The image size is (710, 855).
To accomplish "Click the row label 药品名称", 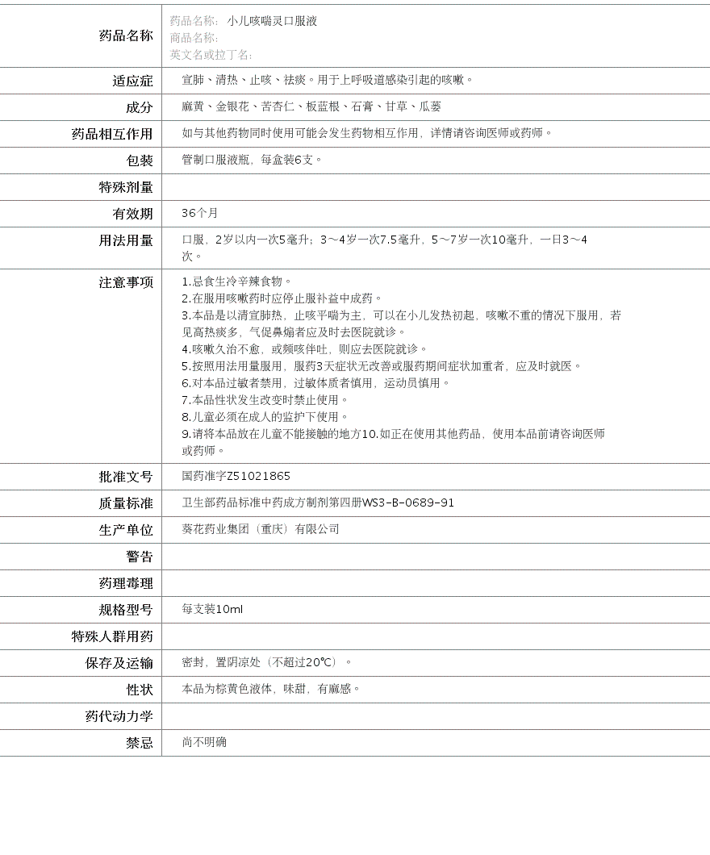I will click(125, 35).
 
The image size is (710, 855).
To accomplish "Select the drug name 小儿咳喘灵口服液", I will click(272, 21).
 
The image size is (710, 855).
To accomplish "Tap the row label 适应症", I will click(132, 81).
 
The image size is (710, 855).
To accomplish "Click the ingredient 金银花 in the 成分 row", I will click(232, 106).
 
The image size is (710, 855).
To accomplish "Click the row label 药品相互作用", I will click(111, 134).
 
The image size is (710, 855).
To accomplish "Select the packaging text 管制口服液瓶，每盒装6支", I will click(252, 160).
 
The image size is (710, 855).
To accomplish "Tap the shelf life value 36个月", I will click(200, 213).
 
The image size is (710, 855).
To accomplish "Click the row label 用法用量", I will click(125, 240).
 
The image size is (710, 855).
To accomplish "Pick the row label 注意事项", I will click(125, 282).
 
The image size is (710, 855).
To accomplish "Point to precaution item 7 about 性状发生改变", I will click(265, 400).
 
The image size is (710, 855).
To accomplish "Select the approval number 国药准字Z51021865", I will click(236, 477).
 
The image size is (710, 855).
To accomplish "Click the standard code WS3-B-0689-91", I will click(408, 503).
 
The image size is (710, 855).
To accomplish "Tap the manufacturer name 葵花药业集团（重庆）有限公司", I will click(261, 529).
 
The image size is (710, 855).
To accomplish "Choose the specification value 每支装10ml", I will click(212, 610).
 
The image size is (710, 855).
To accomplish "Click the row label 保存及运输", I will click(119, 663).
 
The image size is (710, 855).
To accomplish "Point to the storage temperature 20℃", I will click(320, 662).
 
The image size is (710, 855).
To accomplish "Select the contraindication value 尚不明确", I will click(204, 742).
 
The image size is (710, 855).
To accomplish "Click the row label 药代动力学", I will click(119, 716).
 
